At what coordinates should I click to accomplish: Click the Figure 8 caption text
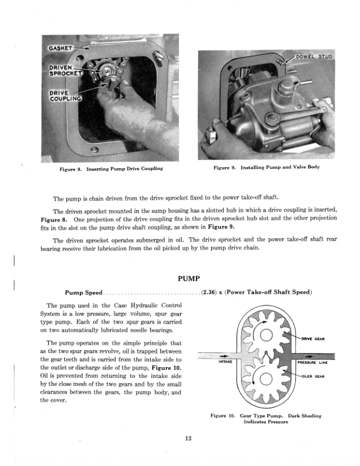[x=111, y=169]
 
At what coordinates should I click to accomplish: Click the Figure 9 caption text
[x=266, y=168]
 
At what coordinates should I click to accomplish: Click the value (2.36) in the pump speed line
[x=211, y=292]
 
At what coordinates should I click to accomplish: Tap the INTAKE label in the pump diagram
[x=224, y=362]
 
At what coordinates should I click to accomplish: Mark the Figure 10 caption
[x=266, y=419]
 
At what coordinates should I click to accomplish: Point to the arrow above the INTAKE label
[x=224, y=355]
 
